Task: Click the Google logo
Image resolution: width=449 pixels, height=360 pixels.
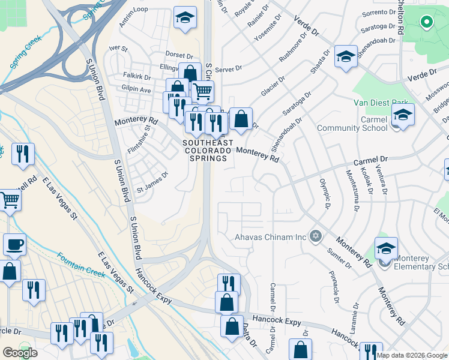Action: coord(20,353)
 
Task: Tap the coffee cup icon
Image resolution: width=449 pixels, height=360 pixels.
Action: coord(14,245)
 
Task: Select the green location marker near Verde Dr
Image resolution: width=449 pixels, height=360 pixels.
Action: coord(427,23)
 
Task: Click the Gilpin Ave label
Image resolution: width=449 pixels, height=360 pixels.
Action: coord(136,89)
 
